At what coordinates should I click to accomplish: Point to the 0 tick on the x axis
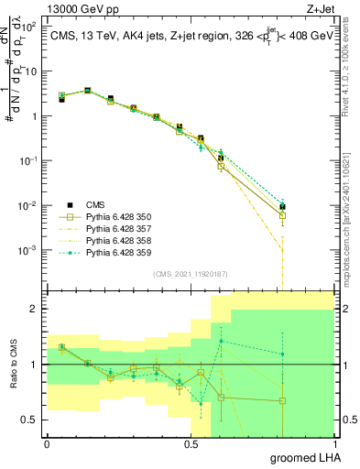pyautogui.click(x=47, y=442)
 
